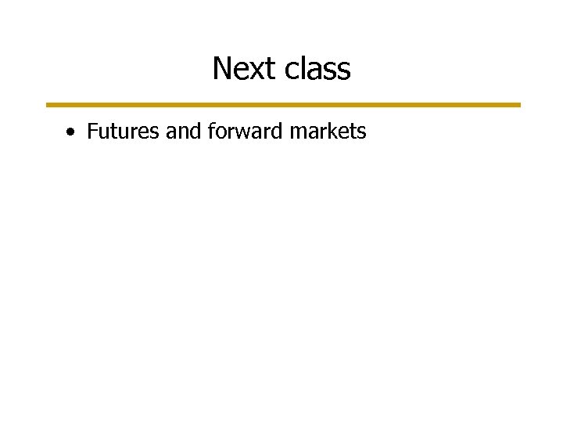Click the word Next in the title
[x=244, y=69]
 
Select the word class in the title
[x=317, y=69]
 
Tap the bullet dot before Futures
[x=71, y=132]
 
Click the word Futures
[x=123, y=132]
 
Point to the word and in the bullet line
[x=183, y=132]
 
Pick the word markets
[x=328, y=132]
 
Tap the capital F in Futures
[x=92, y=132]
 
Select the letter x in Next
[x=256, y=70]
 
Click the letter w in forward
[x=249, y=133]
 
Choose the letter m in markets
[x=298, y=133]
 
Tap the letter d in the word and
[x=195, y=132]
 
